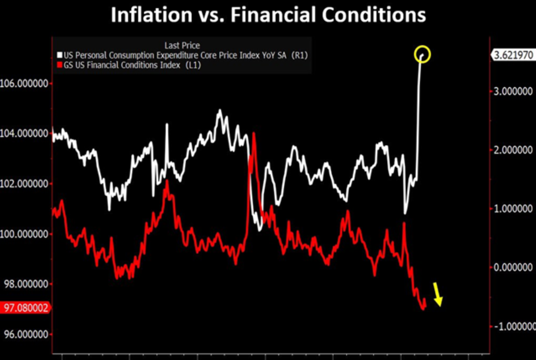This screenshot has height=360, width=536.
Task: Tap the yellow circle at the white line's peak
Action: (x=422, y=54)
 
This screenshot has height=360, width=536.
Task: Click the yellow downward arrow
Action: (x=438, y=294)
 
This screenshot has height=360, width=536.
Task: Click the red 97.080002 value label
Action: (x=26, y=307)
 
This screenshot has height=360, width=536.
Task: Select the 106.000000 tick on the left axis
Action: (x=24, y=83)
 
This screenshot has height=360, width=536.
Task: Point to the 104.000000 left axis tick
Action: (x=24, y=133)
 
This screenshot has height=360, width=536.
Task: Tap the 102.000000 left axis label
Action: (x=24, y=184)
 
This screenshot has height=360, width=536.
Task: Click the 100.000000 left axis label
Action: (x=24, y=234)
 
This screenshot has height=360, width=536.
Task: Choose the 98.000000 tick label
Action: (x=26, y=284)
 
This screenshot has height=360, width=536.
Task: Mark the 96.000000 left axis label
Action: (x=26, y=334)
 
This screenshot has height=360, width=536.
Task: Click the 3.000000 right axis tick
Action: (x=513, y=91)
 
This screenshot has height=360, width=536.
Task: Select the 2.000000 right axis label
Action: (x=513, y=150)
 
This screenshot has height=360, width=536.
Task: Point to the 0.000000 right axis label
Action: (x=513, y=268)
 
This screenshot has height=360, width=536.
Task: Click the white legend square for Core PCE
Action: (x=60, y=55)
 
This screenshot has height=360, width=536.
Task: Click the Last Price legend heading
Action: (x=182, y=45)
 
